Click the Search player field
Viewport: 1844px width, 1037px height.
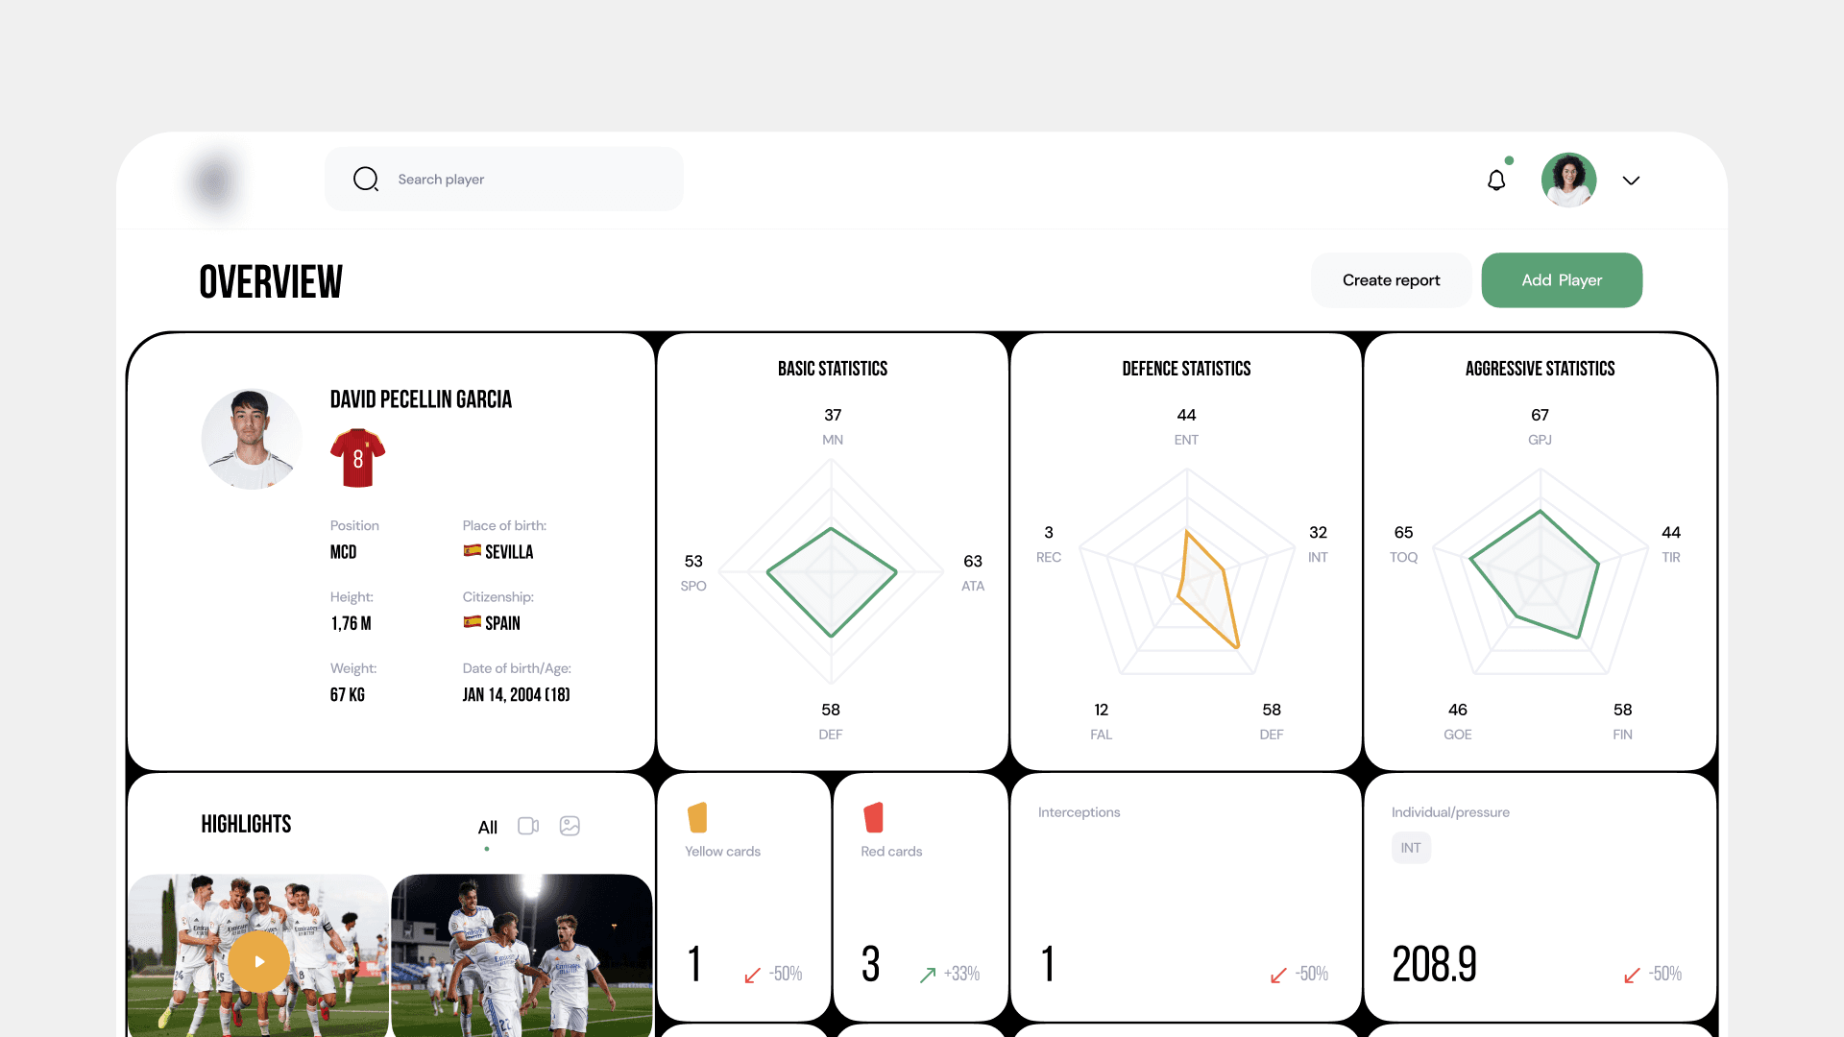pyautogui.click(x=504, y=180)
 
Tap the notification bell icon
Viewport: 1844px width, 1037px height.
pyautogui.click(x=1496, y=180)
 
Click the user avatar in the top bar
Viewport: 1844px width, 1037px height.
pyautogui.click(x=1569, y=180)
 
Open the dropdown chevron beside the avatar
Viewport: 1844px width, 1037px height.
pyautogui.click(x=1631, y=181)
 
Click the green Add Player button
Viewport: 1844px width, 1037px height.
pyautogui.click(x=1562, y=280)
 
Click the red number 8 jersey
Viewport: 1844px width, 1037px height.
pyautogui.click(x=357, y=458)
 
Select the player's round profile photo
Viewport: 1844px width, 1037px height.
pyautogui.click(x=252, y=439)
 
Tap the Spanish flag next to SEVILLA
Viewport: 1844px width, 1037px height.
pyautogui.click(x=473, y=550)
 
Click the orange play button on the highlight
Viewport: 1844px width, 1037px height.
pyautogui.click(x=258, y=961)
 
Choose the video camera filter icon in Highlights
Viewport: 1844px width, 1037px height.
pyautogui.click(x=528, y=826)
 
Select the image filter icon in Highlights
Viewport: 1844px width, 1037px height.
pyautogui.click(x=570, y=826)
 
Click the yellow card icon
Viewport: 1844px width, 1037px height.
pyautogui.click(x=697, y=817)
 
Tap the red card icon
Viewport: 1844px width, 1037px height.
pyautogui.click(x=873, y=817)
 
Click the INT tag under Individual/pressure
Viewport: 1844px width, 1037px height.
pyautogui.click(x=1411, y=848)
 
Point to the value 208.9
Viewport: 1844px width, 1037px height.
pyautogui.click(x=1435, y=964)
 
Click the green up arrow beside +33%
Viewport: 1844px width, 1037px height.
pyautogui.click(x=928, y=975)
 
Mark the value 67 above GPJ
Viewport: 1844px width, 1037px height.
pyautogui.click(x=1540, y=415)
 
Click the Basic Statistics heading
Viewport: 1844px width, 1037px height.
pyautogui.click(x=833, y=369)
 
